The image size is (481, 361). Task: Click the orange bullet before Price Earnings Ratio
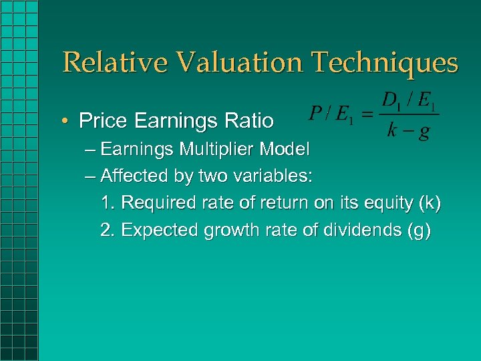(67, 121)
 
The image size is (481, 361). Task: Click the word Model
(288, 149)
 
